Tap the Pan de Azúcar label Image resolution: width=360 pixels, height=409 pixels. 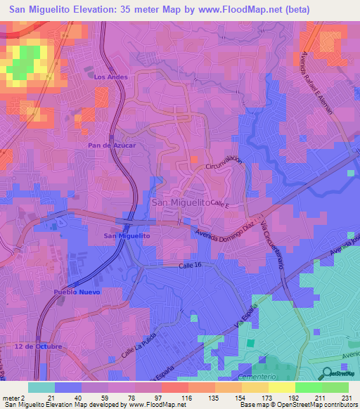pyautogui.click(x=106, y=145)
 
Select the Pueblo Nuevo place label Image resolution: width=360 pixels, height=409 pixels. pyautogui.click(x=77, y=292)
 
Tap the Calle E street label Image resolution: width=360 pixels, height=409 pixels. pyautogui.click(x=220, y=204)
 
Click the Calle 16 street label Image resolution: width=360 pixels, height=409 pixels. pyautogui.click(x=190, y=265)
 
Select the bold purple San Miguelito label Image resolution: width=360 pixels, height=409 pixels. pyautogui.click(x=127, y=236)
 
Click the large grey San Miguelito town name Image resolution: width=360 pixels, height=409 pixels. pyautogui.click(x=181, y=202)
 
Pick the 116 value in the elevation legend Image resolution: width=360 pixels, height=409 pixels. pyautogui.click(x=187, y=398)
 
